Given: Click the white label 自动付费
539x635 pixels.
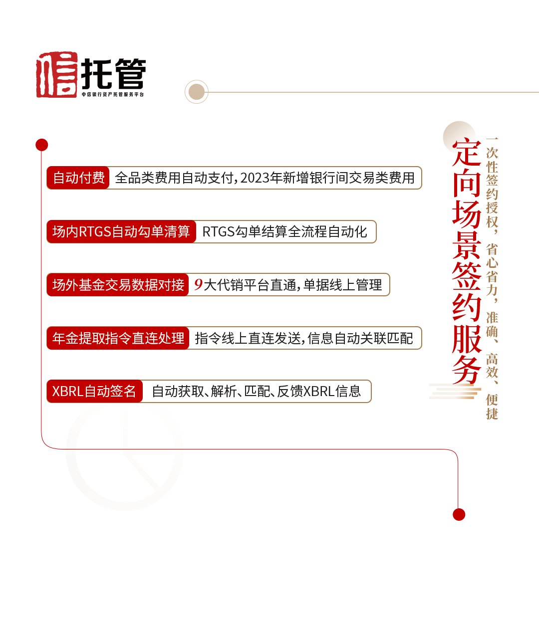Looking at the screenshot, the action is click(x=79, y=178).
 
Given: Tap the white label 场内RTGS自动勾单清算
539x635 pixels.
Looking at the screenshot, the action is click(x=121, y=231).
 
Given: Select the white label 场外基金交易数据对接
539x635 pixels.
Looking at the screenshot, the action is click(x=118, y=285).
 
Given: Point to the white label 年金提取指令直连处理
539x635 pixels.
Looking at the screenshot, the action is click(x=118, y=338).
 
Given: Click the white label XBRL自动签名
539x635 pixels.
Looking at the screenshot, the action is click(x=94, y=391).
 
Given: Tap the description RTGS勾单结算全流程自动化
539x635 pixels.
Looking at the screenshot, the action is click(x=284, y=231).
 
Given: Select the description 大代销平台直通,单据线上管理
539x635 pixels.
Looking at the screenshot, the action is click(x=292, y=285).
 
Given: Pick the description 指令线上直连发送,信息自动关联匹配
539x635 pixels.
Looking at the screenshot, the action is click(x=303, y=338).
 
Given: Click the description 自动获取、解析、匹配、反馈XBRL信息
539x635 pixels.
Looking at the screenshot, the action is click(x=256, y=391).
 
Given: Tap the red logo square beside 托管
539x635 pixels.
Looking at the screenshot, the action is click(x=58, y=74).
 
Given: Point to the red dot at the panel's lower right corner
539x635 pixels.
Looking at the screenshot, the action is click(x=459, y=514).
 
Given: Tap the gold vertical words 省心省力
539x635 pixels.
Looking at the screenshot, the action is click(x=492, y=270).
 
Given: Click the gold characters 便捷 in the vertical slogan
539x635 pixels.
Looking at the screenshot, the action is click(x=492, y=407).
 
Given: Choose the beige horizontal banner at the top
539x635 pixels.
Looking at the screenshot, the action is click(x=362, y=91).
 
